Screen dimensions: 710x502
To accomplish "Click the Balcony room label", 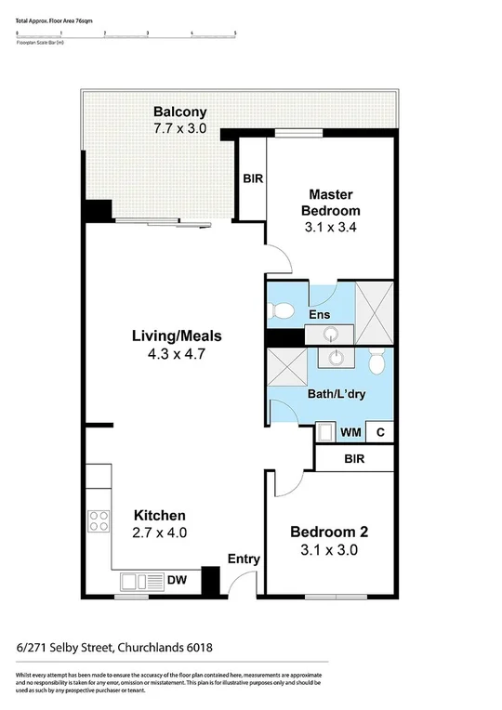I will (x=180, y=113).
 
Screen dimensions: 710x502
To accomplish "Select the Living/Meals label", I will (x=176, y=335).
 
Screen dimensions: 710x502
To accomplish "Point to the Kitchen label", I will (x=160, y=515).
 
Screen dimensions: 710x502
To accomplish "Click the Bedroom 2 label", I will (x=329, y=532).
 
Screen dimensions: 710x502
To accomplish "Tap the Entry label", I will (x=244, y=559).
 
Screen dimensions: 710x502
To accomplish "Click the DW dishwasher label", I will (x=177, y=581).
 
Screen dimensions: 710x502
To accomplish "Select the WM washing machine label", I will (x=350, y=432).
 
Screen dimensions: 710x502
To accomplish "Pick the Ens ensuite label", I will (x=319, y=316).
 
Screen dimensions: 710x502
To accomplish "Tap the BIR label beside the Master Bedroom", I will (x=250, y=179).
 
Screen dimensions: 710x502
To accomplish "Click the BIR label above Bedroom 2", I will (x=353, y=459).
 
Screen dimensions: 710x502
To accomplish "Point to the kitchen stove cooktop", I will (x=98, y=521).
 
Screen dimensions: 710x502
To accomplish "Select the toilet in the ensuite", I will (x=284, y=309).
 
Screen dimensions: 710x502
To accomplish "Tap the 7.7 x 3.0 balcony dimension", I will (x=180, y=131).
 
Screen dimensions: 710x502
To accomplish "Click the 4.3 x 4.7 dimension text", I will (x=176, y=354).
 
